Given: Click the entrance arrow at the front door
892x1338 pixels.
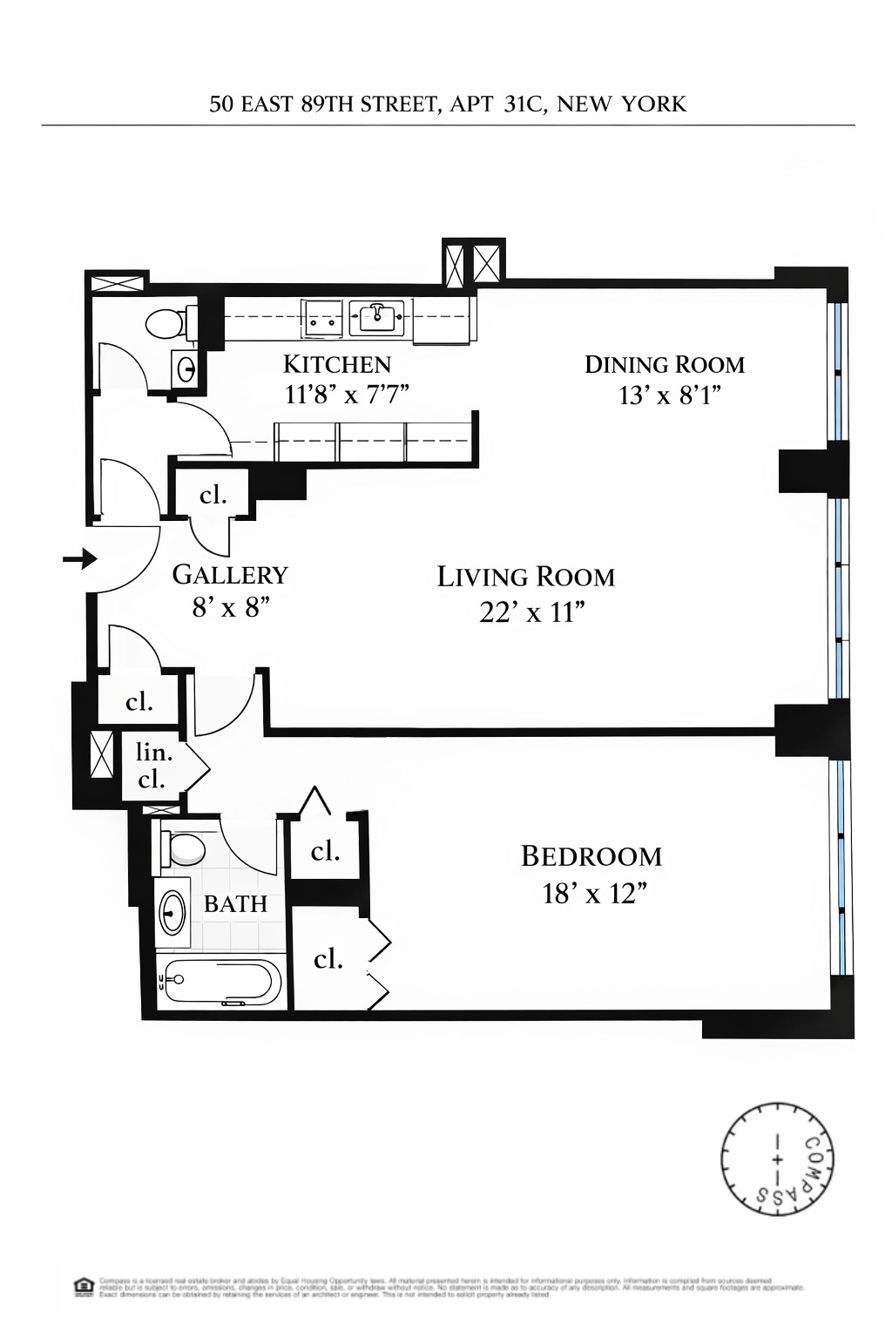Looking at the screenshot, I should [80, 558].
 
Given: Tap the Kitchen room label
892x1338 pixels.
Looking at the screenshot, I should [337, 364].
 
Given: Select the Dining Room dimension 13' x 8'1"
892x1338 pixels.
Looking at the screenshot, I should [669, 396].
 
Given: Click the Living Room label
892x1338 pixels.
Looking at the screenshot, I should [525, 577].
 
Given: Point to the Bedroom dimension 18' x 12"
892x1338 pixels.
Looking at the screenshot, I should [593, 894].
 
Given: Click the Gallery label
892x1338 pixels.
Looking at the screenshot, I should [230, 575].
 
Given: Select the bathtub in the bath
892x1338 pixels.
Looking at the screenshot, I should [223, 983].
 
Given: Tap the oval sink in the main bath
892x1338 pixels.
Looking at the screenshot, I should [172, 912].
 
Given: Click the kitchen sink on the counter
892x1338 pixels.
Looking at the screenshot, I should [377, 317].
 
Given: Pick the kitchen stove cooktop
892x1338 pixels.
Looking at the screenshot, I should [322, 317].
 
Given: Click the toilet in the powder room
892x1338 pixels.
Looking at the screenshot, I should [166, 324].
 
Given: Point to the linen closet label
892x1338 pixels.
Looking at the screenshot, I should [153, 765].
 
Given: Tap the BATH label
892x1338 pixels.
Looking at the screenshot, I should [235, 904].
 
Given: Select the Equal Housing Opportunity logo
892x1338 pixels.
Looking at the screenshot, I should [84, 1287].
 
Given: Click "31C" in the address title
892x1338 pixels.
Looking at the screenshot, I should [522, 105].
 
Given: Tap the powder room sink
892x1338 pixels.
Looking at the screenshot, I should [186, 369].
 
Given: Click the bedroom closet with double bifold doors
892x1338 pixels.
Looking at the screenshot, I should [329, 959].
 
